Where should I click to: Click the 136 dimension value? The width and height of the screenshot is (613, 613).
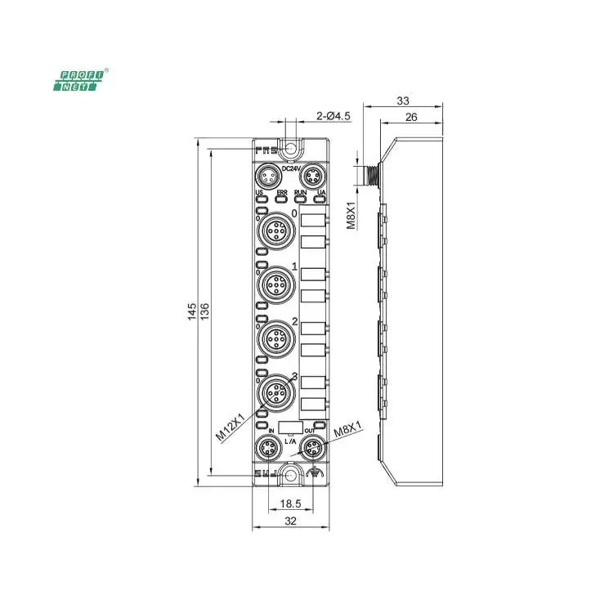(204, 311)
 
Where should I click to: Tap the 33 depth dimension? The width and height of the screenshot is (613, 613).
(403, 101)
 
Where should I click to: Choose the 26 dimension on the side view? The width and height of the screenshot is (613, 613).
(411, 117)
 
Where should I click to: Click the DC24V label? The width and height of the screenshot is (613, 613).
(291, 168)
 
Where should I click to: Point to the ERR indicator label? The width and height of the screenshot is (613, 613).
(281, 193)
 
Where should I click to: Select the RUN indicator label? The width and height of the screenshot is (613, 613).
(300, 193)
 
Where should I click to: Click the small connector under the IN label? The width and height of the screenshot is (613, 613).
(268, 448)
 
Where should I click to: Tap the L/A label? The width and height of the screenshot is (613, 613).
(289, 441)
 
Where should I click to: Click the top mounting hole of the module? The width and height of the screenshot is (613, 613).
(289, 150)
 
